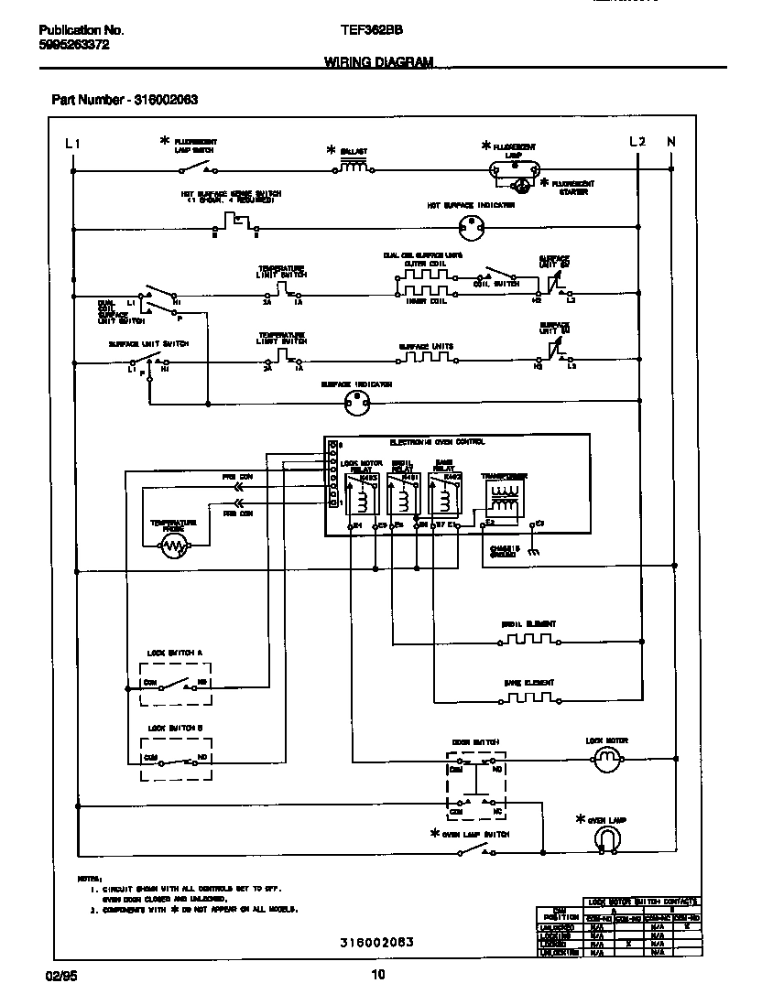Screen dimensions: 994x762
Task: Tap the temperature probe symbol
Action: (174, 546)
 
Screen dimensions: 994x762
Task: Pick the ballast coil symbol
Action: (354, 167)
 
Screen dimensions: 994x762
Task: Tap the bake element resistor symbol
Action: (528, 698)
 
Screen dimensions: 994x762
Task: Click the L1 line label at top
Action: (73, 143)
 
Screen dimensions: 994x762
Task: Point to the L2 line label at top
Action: (637, 141)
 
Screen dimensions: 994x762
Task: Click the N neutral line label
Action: (670, 141)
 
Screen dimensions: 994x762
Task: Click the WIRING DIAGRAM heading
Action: (378, 61)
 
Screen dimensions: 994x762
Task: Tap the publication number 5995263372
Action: (75, 44)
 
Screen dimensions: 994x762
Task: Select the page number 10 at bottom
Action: (378, 973)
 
